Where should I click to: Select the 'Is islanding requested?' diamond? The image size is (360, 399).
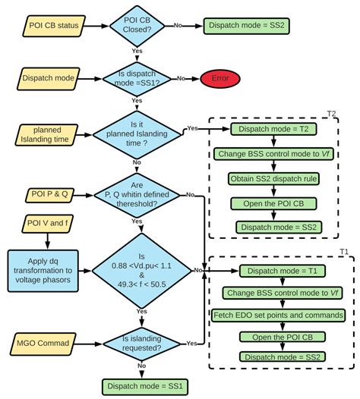142,344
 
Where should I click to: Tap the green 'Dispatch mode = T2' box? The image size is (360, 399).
271,130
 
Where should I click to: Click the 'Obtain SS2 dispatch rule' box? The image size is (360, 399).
271,178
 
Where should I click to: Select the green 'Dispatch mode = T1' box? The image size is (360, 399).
271,269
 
